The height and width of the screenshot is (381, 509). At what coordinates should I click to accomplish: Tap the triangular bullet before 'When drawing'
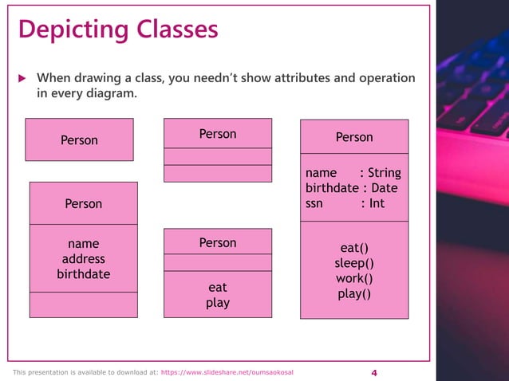(x=22, y=78)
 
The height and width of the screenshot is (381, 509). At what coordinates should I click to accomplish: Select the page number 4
(x=374, y=373)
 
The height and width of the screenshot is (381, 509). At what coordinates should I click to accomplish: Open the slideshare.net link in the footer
(x=232, y=373)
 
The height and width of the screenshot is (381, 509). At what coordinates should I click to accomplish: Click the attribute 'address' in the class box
(x=83, y=259)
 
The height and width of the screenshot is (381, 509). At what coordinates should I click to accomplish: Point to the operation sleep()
(x=354, y=263)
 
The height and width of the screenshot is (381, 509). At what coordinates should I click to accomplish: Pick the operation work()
(x=354, y=278)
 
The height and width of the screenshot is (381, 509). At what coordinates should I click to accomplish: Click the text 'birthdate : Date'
(x=351, y=188)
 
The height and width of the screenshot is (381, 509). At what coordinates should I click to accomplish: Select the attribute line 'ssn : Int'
(x=345, y=203)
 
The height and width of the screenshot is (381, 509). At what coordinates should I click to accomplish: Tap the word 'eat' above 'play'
(x=218, y=287)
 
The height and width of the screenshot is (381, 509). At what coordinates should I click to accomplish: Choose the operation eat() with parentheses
(x=354, y=248)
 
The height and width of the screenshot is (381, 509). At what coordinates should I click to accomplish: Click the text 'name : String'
(x=353, y=173)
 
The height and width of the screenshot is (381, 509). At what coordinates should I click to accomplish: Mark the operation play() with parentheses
(x=354, y=293)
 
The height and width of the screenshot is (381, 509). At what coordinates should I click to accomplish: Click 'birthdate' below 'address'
(x=83, y=274)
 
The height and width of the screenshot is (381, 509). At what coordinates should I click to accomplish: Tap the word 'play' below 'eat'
(x=218, y=303)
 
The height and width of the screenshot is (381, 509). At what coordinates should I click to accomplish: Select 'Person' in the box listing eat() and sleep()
(x=354, y=137)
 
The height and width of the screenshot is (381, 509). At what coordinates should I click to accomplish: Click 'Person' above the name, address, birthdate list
(x=83, y=203)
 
